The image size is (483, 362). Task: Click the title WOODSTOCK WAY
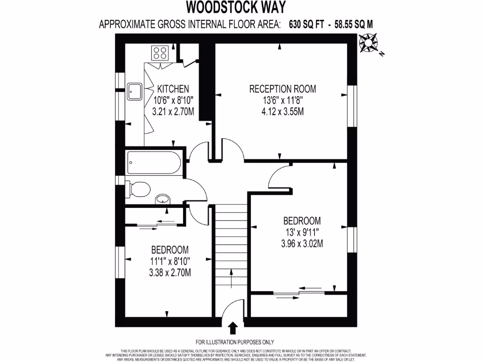coord(235,7)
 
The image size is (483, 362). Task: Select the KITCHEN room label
coord(173,89)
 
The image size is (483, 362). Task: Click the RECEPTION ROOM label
coord(283,89)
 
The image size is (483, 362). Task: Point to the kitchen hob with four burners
coord(160,52)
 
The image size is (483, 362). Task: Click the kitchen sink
coord(135,91)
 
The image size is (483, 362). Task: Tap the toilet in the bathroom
coord(138,189)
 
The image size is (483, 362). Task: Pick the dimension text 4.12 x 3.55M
coord(283,112)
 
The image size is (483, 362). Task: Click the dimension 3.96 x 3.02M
coord(302,244)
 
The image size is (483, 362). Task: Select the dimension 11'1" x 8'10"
coord(170,261)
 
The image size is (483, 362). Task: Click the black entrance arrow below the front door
coord(233,328)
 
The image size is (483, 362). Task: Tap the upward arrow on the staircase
coord(231,278)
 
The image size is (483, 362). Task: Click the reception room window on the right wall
coord(351,106)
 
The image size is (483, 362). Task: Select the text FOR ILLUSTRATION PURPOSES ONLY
coord(234,342)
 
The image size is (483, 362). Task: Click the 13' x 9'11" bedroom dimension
coord(302,232)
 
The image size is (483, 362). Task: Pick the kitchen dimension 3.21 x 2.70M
coord(173,112)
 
